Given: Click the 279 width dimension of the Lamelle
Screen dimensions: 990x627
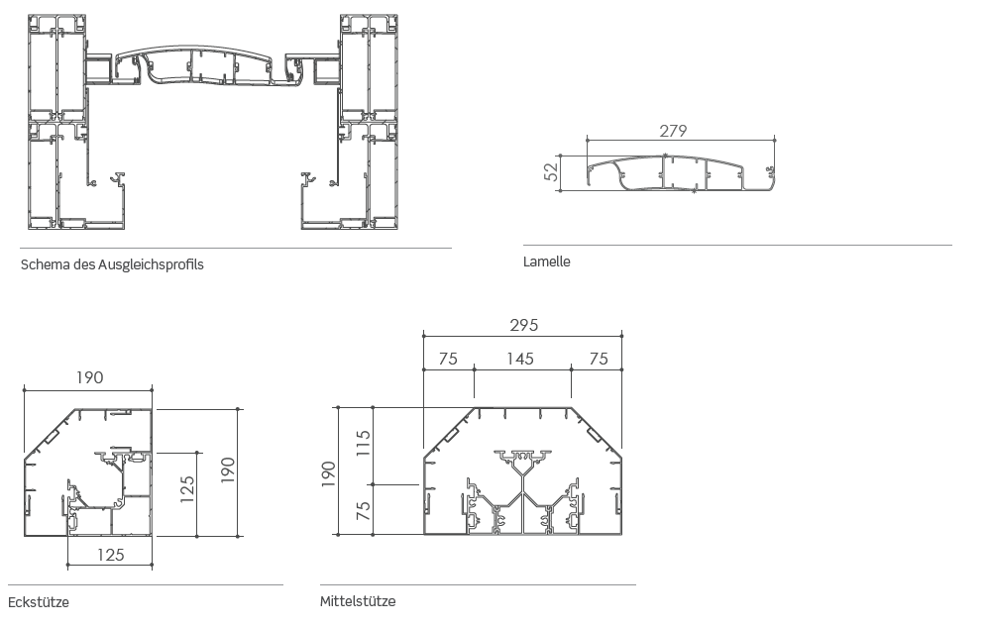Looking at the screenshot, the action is tap(673, 131).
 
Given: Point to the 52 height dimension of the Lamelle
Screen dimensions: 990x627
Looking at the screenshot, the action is tap(552, 171).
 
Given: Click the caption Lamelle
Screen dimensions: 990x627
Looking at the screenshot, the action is tap(547, 261).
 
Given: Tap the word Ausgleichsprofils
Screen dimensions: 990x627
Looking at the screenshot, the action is tap(151, 264).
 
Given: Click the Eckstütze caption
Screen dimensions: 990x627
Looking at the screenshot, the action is tap(39, 602).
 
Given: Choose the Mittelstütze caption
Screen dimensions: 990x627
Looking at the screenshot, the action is tap(358, 601).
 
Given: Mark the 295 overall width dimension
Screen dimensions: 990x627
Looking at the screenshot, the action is tap(524, 325).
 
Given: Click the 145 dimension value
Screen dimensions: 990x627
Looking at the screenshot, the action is tap(520, 359).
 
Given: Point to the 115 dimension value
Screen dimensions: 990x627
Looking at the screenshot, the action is tap(363, 443).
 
